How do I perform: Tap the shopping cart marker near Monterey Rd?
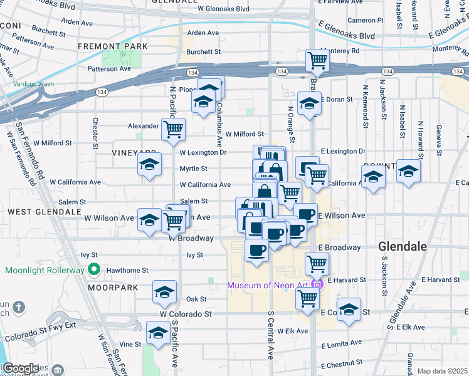coord(318,61)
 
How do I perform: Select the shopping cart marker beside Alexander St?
coord(172,129)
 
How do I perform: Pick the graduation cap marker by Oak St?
coord(165,292)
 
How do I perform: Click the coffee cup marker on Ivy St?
coord(256,250)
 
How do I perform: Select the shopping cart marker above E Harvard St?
coord(317,263)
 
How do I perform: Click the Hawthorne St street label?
coord(128,270)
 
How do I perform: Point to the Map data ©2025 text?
coord(442,371)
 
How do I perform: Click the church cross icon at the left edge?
coord(19,307)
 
